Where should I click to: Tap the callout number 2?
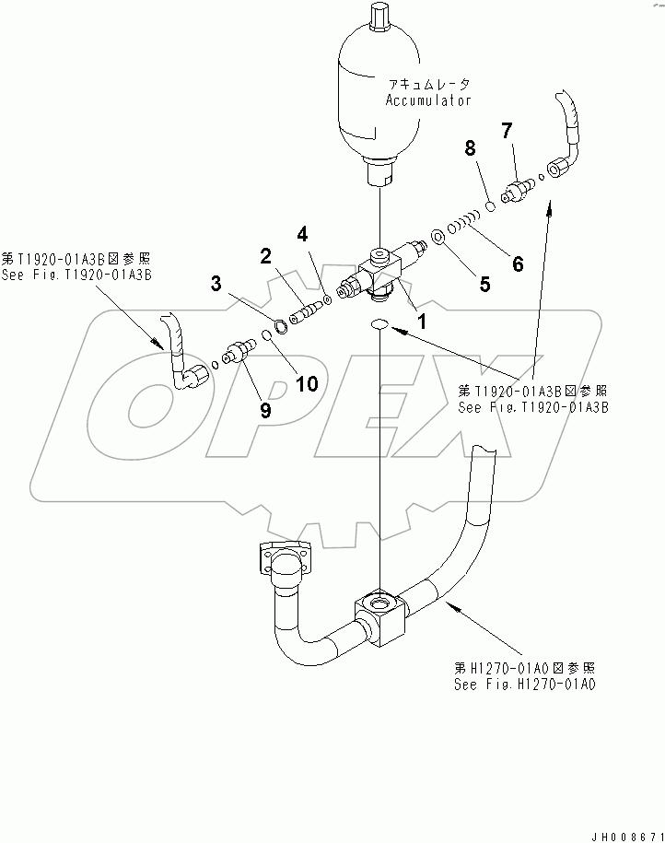click(264, 257)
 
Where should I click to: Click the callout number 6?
click(517, 263)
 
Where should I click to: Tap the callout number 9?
click(265, 411)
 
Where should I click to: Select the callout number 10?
click(306, 382)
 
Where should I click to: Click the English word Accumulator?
click(428, 100)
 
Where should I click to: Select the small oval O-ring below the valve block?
click(380, 324)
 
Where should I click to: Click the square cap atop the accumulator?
click(380, 18)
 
